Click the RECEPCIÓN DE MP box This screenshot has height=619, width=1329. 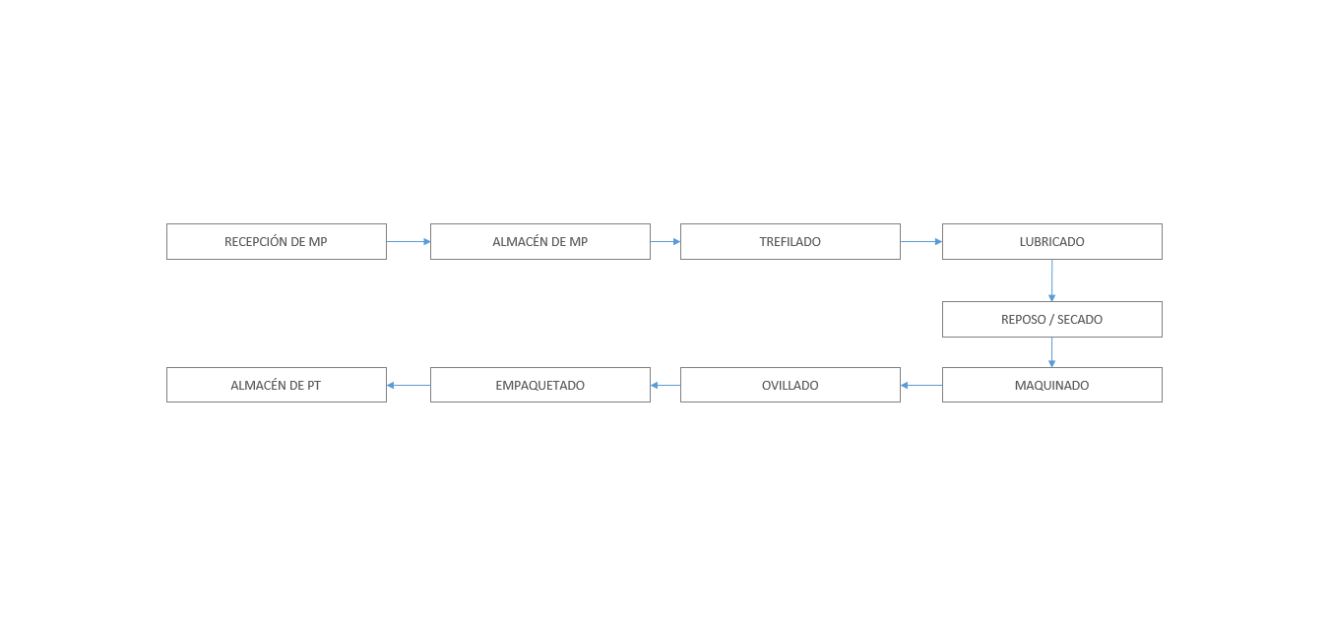tap(277, 241)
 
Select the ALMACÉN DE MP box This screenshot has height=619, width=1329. tap(539, 241)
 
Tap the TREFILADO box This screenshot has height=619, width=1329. tap(791, 241)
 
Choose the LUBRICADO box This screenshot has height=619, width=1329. tap(1052, 241)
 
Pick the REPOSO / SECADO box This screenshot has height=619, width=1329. tap(1052, 320)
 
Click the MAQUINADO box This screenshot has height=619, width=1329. tap(1052, 385)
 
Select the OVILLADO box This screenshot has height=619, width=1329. tap(791, 385)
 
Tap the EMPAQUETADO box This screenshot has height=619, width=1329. tap(539, 385)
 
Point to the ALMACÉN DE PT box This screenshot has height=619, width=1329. tap(277, 385)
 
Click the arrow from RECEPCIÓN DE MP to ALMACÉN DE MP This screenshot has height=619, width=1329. tap(409, 241)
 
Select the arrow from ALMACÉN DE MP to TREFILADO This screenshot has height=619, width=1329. tap(665, 241)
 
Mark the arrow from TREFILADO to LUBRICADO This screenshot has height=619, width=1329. tap(921, 241)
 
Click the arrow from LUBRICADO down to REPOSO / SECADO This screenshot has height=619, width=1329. tap(1052, 280)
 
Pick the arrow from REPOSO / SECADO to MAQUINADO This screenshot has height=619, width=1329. tap(1052, 352)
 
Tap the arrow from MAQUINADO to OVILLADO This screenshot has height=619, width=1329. tap(921, 386)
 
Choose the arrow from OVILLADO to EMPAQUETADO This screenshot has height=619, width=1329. tap(665, 386)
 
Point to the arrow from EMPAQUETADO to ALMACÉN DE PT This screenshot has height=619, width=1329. tap(409, 386)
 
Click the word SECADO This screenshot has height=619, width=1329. tap(1080, 320)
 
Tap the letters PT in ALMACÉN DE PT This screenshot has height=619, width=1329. tap(314, 386)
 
